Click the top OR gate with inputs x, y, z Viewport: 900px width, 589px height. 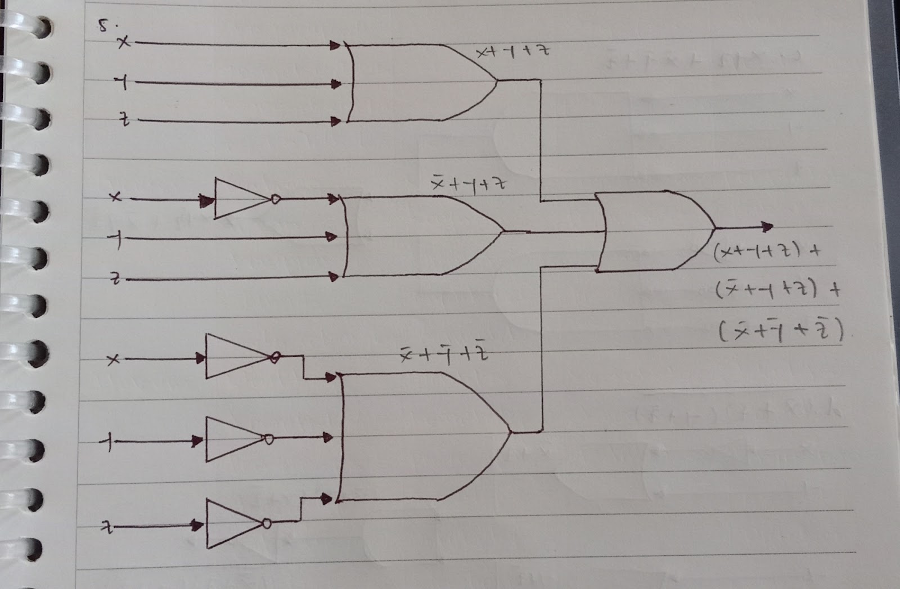click(416, 83)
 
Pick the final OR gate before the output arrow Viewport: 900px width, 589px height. click(652, 231)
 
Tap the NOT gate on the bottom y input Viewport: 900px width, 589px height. click(233, 439)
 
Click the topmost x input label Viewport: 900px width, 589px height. click(123, 42)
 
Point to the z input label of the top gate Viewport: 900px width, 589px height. click(125, 120)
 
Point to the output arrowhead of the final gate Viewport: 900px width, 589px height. click(768, 227)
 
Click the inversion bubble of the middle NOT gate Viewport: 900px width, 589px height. click(276, 199)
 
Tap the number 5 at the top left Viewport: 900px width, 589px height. click(104, 25)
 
